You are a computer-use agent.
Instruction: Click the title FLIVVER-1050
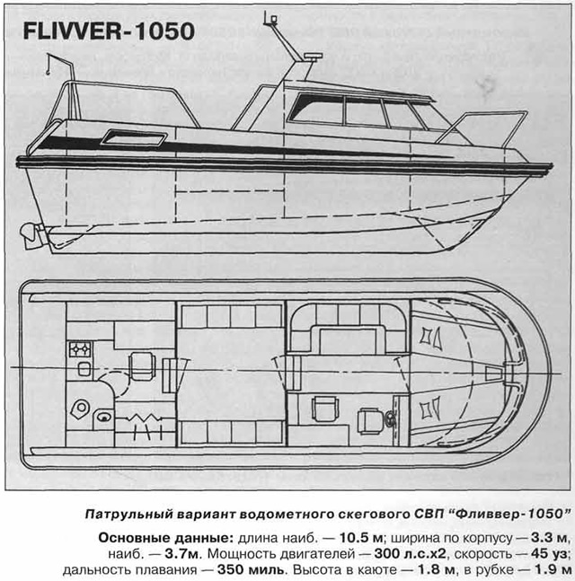click(x=109, y=31)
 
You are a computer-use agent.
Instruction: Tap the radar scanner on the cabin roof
click(x=313, y=56)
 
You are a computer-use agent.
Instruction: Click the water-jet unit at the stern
click(x=31, y=236)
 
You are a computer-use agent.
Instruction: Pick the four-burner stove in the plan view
click(x=80, y=349)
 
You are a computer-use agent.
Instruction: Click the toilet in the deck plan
click(x=79, y=409)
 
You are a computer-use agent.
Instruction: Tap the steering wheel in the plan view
click(x=389, y=420)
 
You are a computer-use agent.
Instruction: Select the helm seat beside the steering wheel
click(x=369, y=420)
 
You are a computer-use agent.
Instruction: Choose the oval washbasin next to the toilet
click(x=104, y=417)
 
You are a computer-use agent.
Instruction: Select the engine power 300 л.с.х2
click(x=410, y=553)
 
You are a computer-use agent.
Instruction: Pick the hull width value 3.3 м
click(x=550, y=538)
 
